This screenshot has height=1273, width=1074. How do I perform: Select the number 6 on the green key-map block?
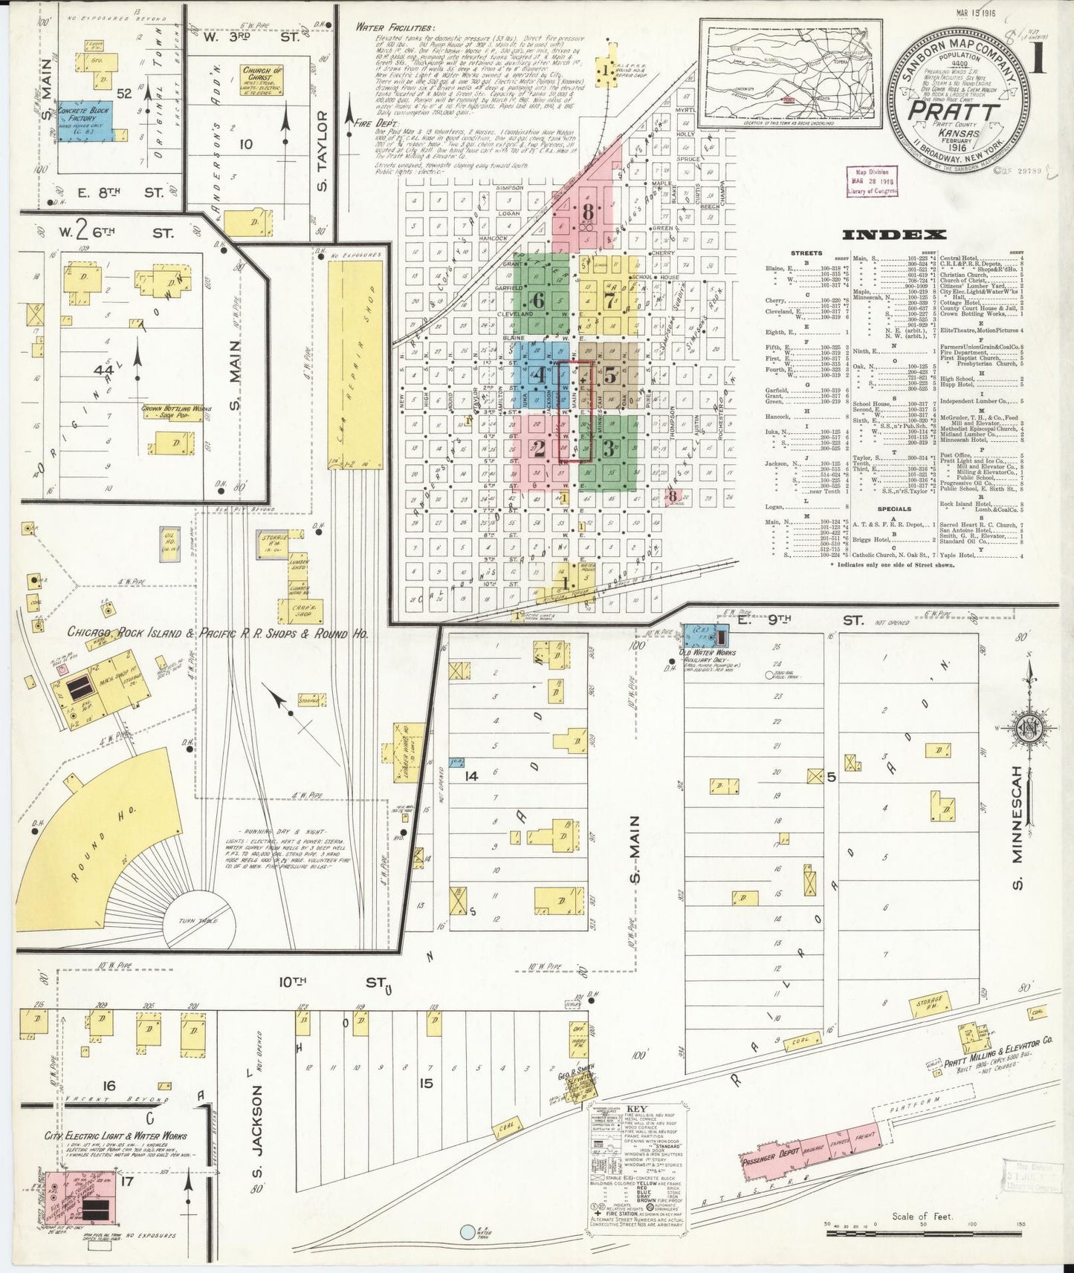pos(538,300)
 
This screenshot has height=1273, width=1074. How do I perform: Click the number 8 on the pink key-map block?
pos(588,212)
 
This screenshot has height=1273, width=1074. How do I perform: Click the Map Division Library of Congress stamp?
pos(872,181)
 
